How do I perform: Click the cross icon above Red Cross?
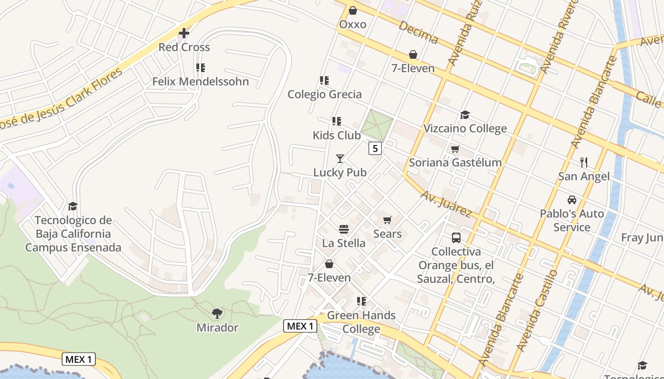point(184,33)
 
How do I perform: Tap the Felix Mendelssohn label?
point(200,81)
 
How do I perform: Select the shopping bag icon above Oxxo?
point(353,10)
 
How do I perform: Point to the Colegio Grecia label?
point(324,94)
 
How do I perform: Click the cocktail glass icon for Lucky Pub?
point(340,158)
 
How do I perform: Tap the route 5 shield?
point(375,148)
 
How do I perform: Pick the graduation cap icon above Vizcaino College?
point(465,115)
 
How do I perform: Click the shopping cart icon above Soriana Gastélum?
point(455,149)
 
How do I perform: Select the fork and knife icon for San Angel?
point(584,162)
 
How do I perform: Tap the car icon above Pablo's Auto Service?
point(572,199)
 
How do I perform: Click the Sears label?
point(387,234)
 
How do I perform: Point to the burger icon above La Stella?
point(344,230)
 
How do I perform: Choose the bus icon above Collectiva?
point(456,238)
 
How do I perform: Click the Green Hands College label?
point(361,322)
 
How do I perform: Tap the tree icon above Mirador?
point(217,313)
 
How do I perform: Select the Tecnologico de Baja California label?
point(73,234)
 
